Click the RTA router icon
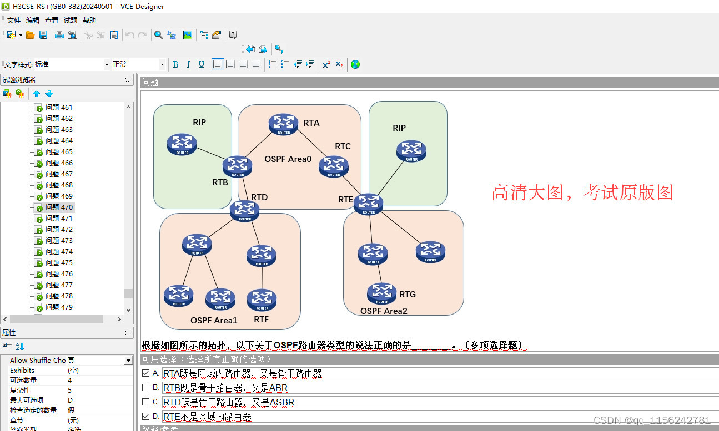284,124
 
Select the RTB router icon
237,166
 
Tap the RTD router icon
245,210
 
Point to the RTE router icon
369,204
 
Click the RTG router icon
382,293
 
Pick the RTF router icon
262,300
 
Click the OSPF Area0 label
288,159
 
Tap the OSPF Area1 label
214,321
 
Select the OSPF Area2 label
384,311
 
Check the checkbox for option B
146,388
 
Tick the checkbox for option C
146,402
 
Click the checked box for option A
146,373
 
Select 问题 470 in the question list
59,207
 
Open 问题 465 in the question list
59,151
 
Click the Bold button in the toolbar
175,64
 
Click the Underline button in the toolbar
201,64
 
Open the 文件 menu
14,21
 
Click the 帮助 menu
89,21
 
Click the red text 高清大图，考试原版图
582,192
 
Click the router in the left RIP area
182,144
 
